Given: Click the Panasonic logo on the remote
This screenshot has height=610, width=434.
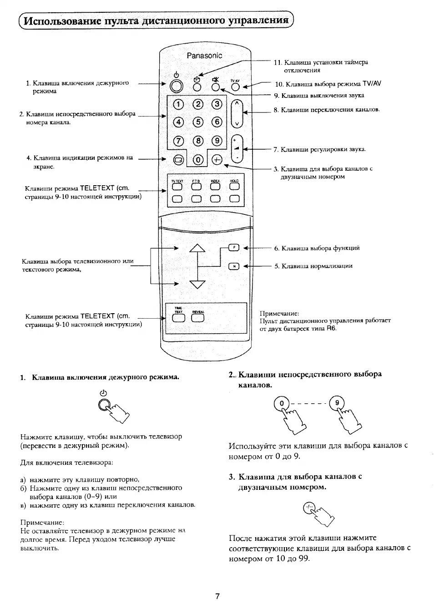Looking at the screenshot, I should (x=204, y=56).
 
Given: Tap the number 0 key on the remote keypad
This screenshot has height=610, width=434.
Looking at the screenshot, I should (x=198, y=160).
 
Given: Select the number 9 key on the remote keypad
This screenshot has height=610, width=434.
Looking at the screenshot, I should (x=217, y=141).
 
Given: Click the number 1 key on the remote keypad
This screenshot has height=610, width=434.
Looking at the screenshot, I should (x=178, y=104).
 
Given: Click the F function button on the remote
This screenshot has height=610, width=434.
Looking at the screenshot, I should (x=233, y=248).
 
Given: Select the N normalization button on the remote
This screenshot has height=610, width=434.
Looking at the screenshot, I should (x=233, y=266).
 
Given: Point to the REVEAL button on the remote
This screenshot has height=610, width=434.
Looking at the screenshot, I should (x=198, y=318).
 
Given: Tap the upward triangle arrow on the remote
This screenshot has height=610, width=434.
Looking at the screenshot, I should (x=197, y=248).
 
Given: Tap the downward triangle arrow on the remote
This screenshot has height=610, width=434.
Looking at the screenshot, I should (x=197, y=284).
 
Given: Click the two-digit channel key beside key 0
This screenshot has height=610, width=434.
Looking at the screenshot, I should (x=217, y=160).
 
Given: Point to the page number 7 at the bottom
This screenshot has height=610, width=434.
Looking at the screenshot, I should (x=217, y=596).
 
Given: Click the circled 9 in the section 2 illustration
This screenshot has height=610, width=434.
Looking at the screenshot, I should (x=337, y=403).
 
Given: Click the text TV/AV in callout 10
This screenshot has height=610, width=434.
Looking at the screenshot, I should (x=372, y=84).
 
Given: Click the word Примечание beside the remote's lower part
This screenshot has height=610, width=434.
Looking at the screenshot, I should (x=279, y=313).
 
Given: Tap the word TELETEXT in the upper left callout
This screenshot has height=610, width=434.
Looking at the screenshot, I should (x=97, y=188).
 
